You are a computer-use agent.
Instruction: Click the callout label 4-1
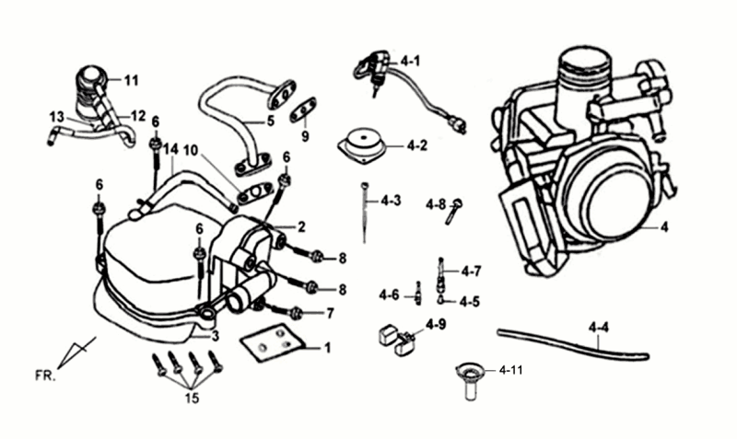tap(410, 62)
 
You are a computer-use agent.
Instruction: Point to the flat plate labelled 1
tap(273, 342)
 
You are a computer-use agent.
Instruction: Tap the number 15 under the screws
tap(191, 399)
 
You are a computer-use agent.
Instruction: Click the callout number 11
tap(131, 81)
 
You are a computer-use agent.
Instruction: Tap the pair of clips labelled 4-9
tap(394, 339)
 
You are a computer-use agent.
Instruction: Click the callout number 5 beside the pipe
tap(271, 120)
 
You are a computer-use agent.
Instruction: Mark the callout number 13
tap(56, 117)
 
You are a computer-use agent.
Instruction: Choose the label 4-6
tap(388, 295)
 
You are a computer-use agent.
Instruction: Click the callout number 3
tap(215, 337)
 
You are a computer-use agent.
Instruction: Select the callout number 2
tap(300, 225)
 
